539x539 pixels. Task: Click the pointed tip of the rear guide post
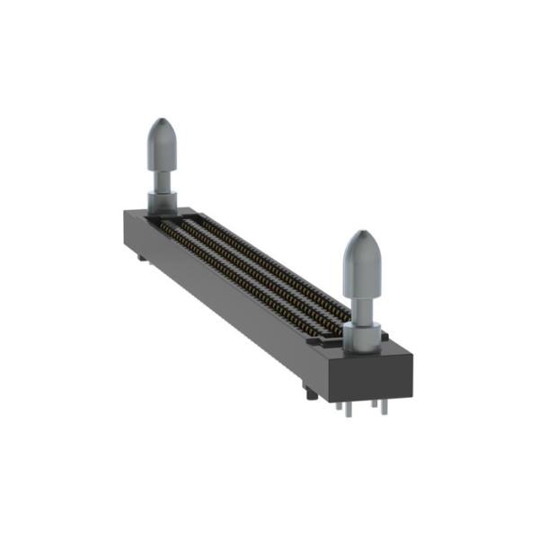coord(163,120)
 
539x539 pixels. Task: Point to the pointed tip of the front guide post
coord(362,233)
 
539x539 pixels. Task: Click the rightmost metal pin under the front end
coord(384,405)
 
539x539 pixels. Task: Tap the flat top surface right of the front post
coord(395,349)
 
